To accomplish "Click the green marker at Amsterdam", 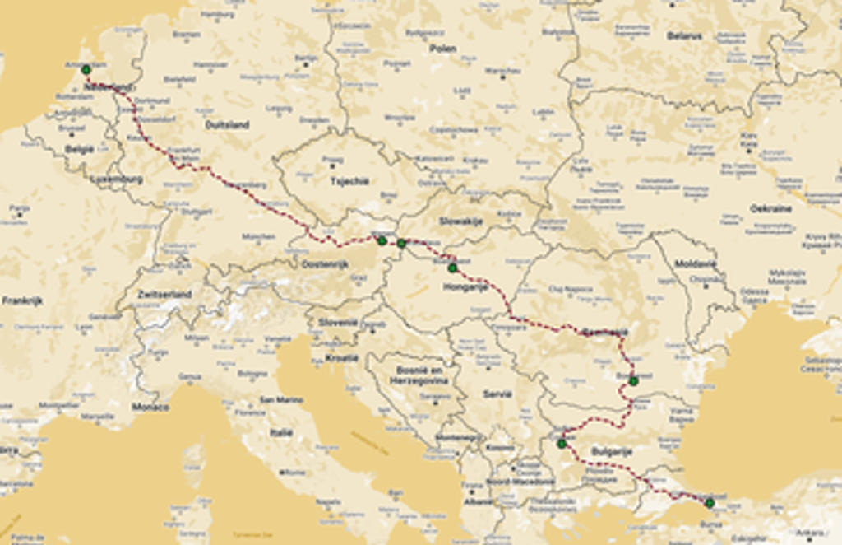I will point(86,69).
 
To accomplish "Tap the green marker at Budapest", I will point(452,268).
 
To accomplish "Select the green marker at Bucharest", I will point(633,380).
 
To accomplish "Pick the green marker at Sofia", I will point(562,444).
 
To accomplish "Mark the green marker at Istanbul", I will point(710,502).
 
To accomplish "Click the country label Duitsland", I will point(227,125).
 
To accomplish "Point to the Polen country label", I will point(442,49).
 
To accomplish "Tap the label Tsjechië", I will point(349,181).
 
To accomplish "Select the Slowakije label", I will point(460,221).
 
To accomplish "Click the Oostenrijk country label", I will point(325,264).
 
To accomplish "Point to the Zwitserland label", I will point(164,294).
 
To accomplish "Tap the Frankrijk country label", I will point(22,300).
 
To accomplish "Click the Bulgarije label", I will point(611,452).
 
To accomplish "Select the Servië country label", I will point(497,394).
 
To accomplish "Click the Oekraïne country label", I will point(770,208).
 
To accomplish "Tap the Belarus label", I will point(684,36).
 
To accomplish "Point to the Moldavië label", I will point(696,264).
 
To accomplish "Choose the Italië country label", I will point(281,431).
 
